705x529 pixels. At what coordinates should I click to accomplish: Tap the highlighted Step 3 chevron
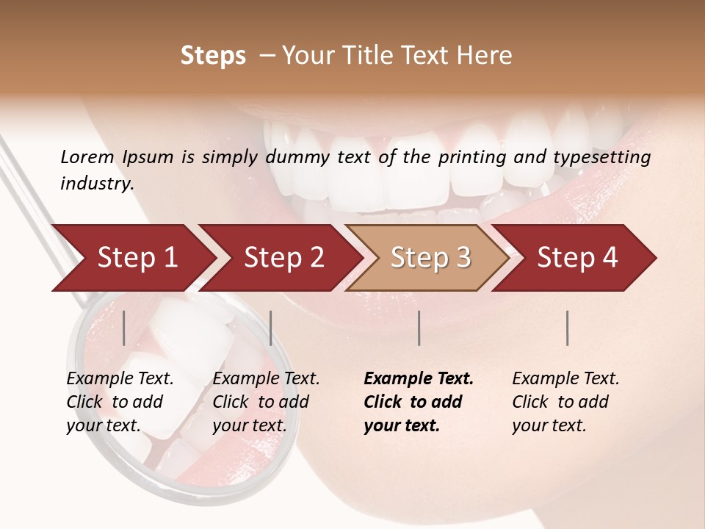430,258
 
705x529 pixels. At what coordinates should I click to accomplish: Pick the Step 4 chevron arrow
577,258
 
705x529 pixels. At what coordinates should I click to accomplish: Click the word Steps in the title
213,56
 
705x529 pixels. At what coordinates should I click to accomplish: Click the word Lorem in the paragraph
87,157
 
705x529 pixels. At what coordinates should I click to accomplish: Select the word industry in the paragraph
96,184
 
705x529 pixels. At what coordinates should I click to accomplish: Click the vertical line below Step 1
124,328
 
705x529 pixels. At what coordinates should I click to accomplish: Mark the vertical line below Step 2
271,328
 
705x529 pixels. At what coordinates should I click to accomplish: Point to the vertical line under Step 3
419,328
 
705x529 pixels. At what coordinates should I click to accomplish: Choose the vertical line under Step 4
568,328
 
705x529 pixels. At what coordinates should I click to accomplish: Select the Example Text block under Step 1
120,402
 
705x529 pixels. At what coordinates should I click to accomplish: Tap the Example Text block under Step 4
565,402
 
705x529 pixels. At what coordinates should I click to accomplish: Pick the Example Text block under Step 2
266,402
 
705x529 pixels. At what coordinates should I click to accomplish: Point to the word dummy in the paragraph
299,157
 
